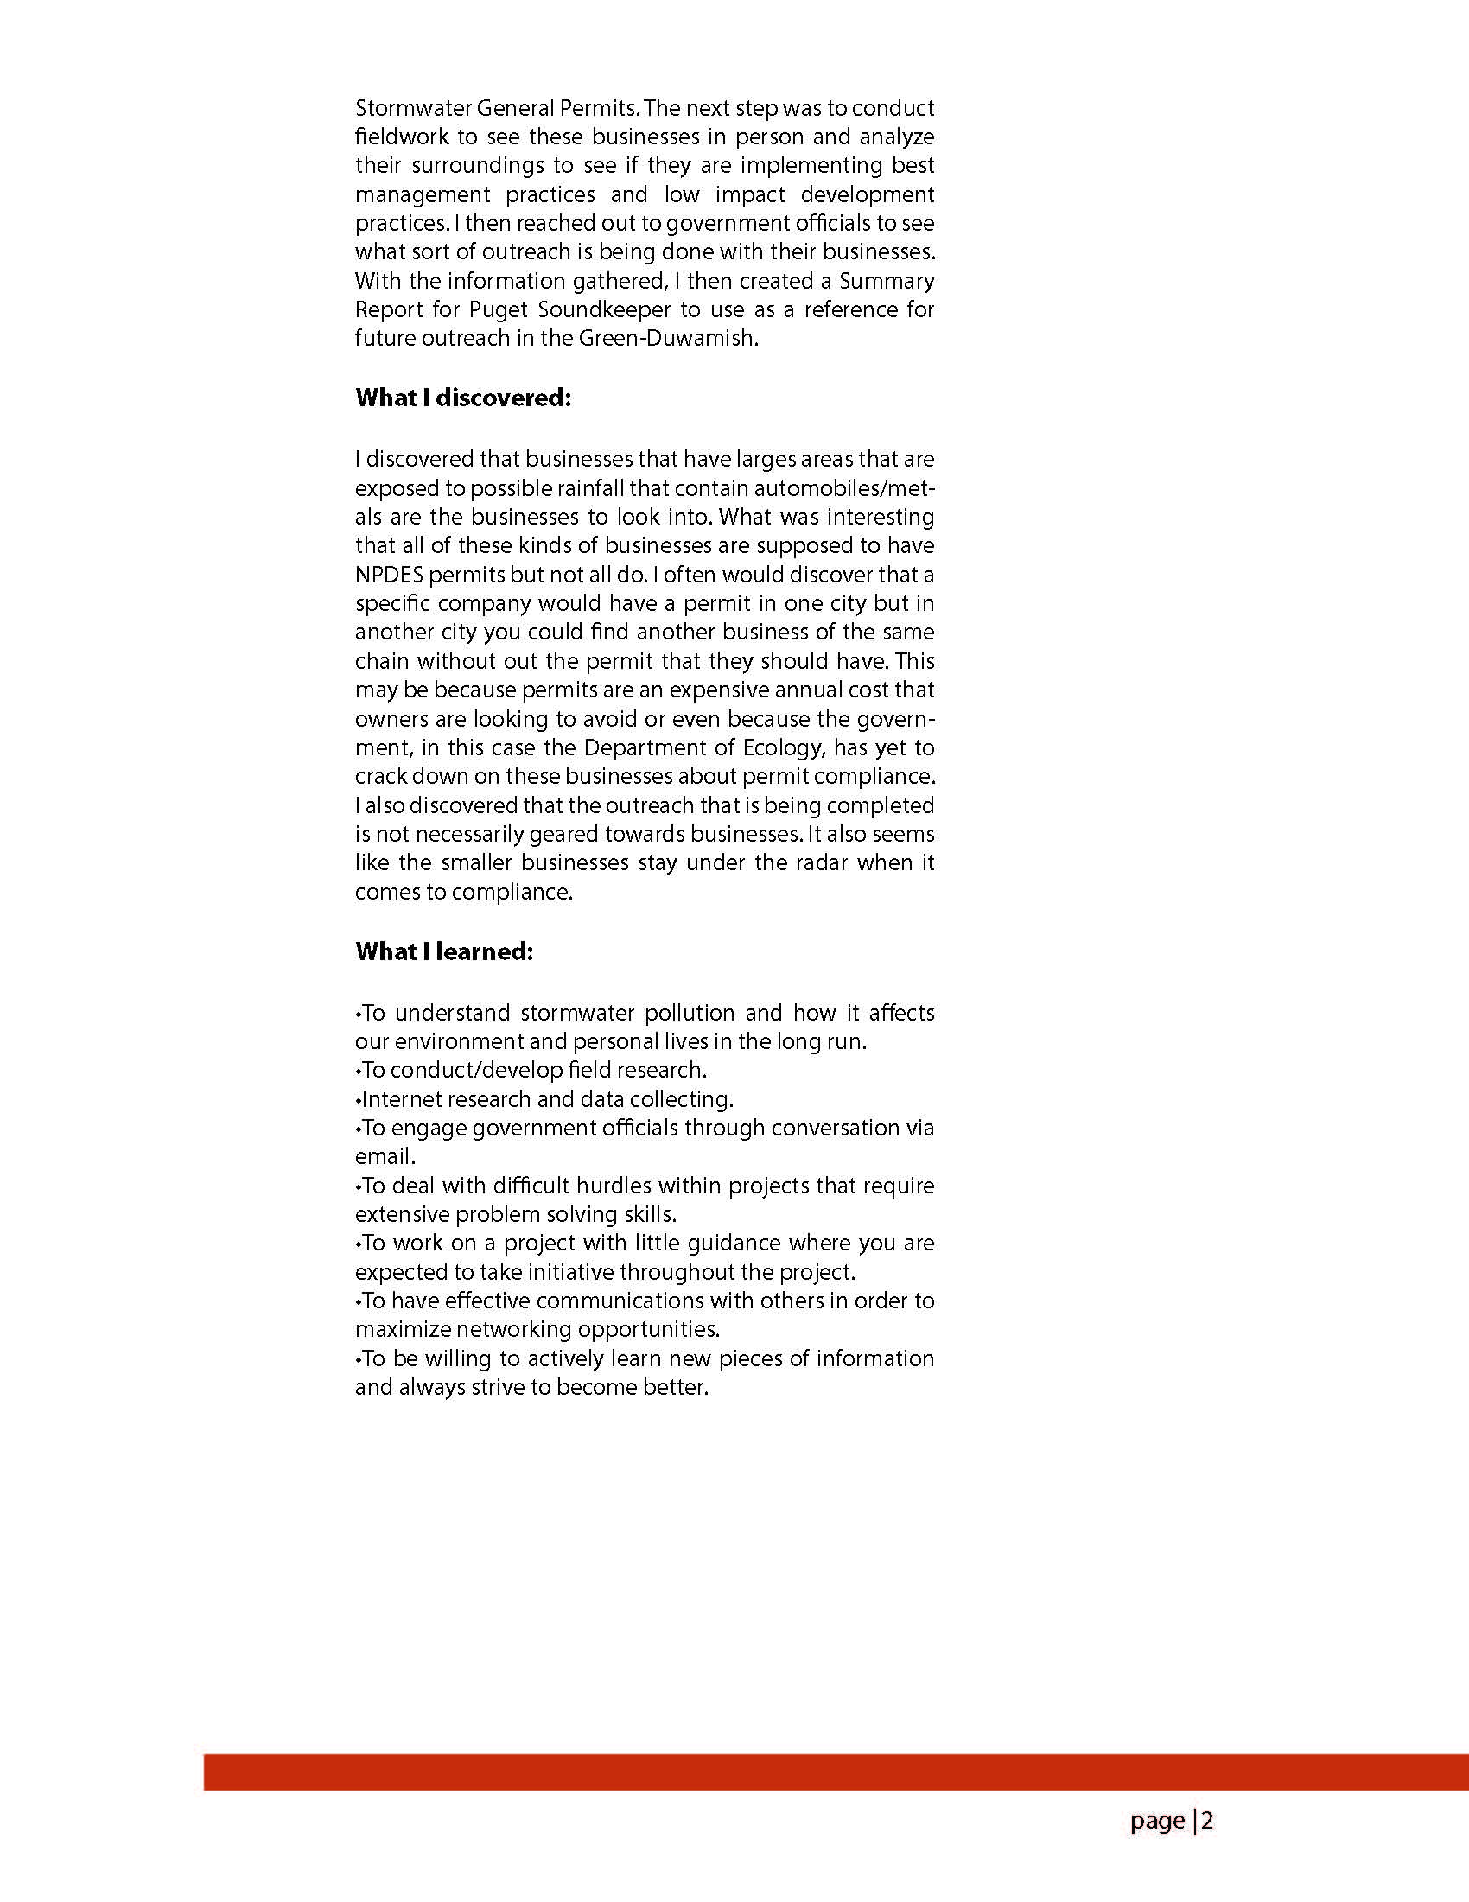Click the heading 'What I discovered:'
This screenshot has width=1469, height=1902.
pos(462,398)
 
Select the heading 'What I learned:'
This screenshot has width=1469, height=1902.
pos(443,952)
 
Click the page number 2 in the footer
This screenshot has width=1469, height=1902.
pos(1208,1821)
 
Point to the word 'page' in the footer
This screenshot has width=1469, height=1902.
pos(1157,1821)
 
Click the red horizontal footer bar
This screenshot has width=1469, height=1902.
pos(836,1773)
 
